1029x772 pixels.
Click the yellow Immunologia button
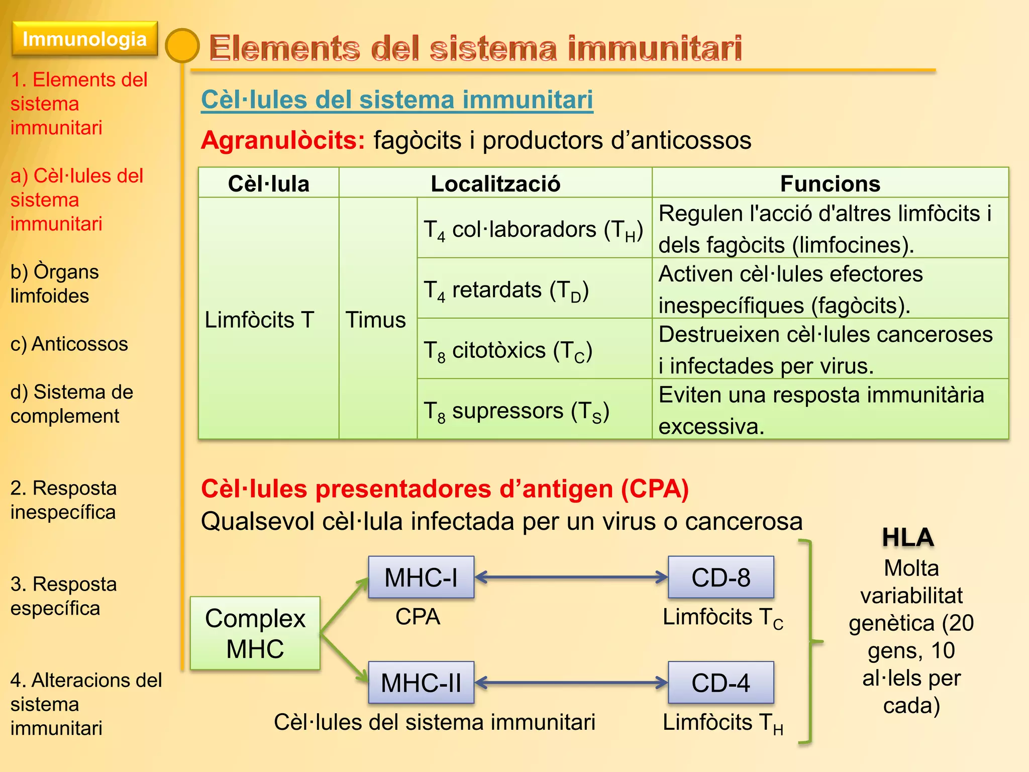(84, 39)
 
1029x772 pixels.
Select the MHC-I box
(421, 577)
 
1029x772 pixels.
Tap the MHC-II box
(421, 683)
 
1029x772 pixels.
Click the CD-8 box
(721, 577)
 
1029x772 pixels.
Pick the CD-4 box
(721, 683)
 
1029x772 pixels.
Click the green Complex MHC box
(255, 633)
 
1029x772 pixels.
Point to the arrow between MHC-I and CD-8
(571, 577)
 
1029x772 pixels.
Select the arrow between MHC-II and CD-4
(571, 683)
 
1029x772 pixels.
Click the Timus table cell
(377, 319)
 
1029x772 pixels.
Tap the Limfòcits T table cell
(259, 319)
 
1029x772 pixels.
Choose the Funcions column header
(830, 183)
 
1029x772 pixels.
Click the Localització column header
(495, 183)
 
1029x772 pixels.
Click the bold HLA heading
(908, 537)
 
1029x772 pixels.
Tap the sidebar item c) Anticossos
(69, 344)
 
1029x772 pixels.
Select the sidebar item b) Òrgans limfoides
(54, 283)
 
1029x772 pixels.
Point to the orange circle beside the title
(182, 46)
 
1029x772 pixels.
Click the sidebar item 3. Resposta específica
(63, 596)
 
